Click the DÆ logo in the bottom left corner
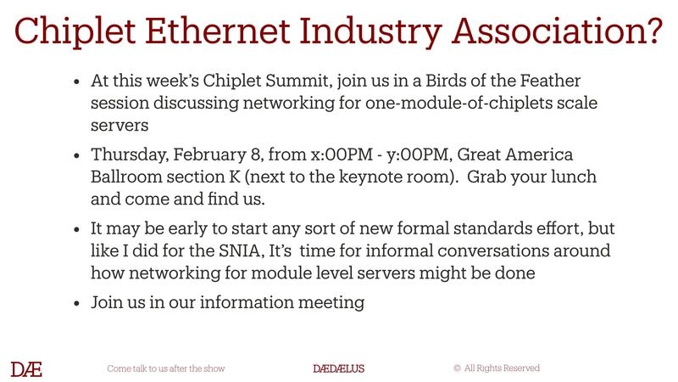tap(26, 368)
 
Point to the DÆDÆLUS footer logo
tap(338, 368)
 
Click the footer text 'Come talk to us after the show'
tap(165, 368)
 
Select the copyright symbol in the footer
tap(457, 368)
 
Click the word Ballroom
tap(125, 179)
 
